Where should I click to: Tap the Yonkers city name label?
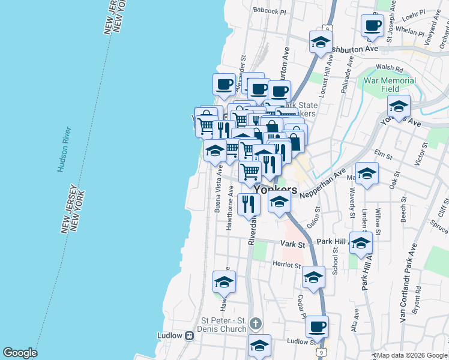[x=276, y=189]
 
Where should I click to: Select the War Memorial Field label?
[x=390, y=85]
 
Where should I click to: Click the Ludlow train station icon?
[x=190, y=335]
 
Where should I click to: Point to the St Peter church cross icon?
[x=256, y=324]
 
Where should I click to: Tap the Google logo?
[x=20, y=353]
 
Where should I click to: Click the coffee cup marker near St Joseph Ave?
[x=372, y=25]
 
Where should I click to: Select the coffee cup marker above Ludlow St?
[x=317, y=327]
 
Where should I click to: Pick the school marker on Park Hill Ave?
[x=361, y=243]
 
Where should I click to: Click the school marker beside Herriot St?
[x=313, y=277]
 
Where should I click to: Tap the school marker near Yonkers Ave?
[x=399, y=106]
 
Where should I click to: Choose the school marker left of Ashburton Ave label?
[x=321, y=42]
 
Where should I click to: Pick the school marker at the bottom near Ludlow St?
[x=259, y=346]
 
